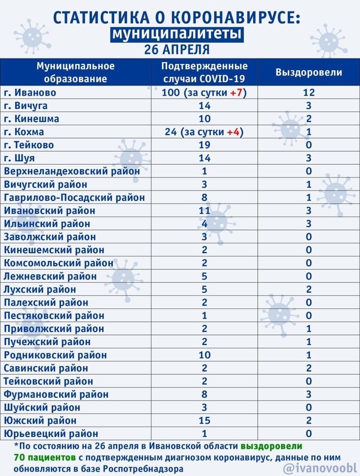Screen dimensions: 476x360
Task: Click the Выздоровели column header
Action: (308, 72)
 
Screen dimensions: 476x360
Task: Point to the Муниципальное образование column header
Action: (75, 72)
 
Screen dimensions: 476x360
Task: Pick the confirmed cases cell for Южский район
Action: (204, 421)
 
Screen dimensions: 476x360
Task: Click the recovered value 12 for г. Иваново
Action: (308, 92)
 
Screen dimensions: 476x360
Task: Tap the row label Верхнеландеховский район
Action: (71, 171)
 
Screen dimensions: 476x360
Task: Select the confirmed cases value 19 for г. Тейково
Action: (204, 145)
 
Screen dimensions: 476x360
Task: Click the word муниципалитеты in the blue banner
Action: (177, 33)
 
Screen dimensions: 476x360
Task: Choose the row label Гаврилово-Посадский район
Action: (74, 197)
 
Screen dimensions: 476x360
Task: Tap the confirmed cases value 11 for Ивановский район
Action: (204, 210)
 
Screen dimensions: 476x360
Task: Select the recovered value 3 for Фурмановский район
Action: (308, 394)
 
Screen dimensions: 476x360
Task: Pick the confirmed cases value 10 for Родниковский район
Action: (204, 355)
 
